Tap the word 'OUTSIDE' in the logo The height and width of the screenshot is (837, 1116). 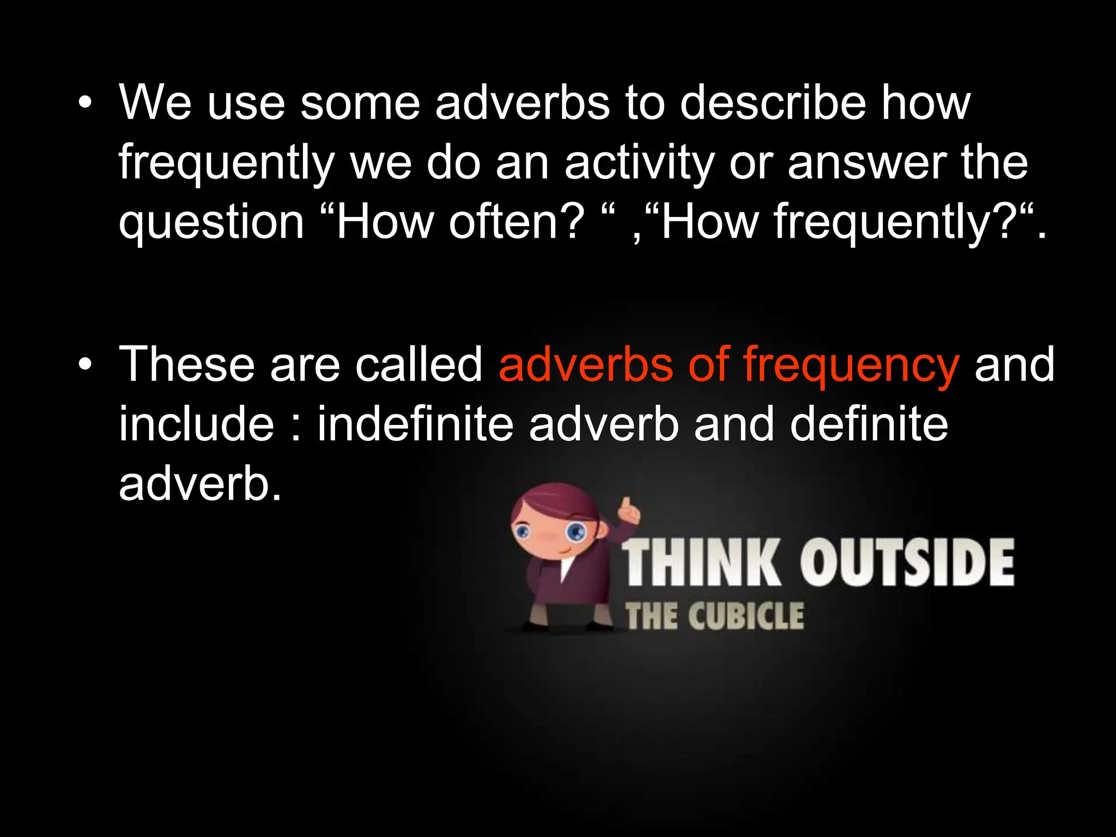[x=907, y=563]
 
